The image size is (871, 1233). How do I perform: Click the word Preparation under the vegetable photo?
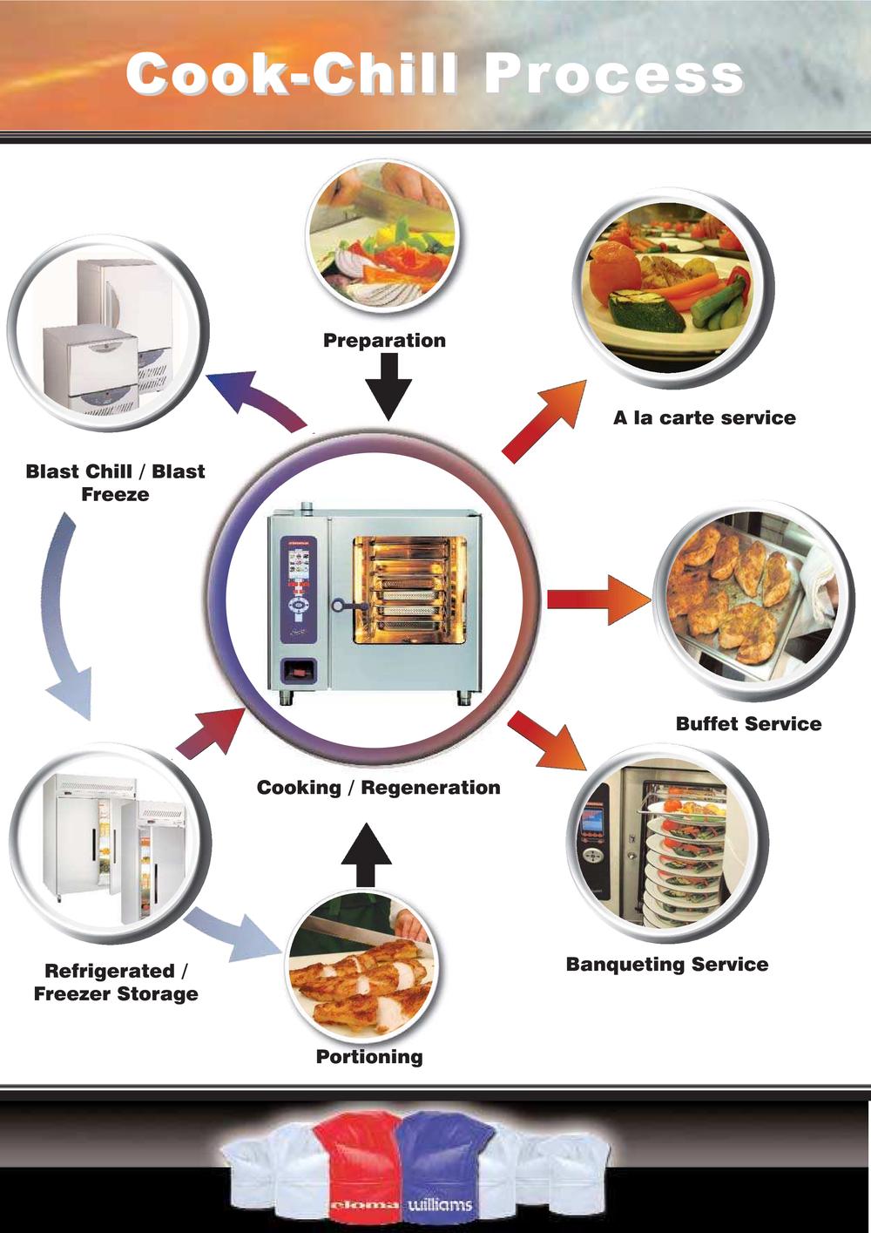tap(384, 341)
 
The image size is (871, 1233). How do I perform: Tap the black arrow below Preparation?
tap(388, 386)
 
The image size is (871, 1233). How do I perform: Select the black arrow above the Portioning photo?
tap(366, 855)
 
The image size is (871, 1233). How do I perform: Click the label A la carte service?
tap(705, 417)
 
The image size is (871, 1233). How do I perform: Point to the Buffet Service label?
tap(748, 723)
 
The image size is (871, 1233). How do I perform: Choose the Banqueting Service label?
tap(667, 965)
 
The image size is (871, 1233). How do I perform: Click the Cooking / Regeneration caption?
tap(379, 788)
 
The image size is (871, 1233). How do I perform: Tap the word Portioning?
tap(369, 1057)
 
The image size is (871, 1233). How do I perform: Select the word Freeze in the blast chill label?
tap(115, 494)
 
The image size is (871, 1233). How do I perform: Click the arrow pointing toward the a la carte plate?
tap(544, 421)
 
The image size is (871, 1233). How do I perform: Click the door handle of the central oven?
tap(350, 606)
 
